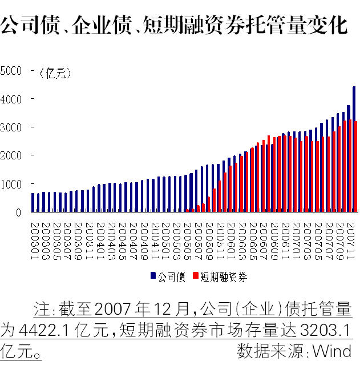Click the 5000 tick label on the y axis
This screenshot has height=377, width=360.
(11, 71)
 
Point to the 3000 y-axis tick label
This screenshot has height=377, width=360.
(11, 127)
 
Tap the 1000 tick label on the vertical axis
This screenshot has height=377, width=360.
(11, 184)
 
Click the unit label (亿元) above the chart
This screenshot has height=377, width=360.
(55, 73)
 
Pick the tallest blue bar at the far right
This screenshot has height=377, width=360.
(354, 149)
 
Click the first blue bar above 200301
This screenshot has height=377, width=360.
(33, 202)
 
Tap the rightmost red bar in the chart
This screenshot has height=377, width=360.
(357, 166)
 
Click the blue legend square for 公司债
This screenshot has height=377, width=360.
(153, 276)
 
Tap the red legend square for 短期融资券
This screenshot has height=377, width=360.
(196, 276)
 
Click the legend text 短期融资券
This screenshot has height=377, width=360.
(224, 276)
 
